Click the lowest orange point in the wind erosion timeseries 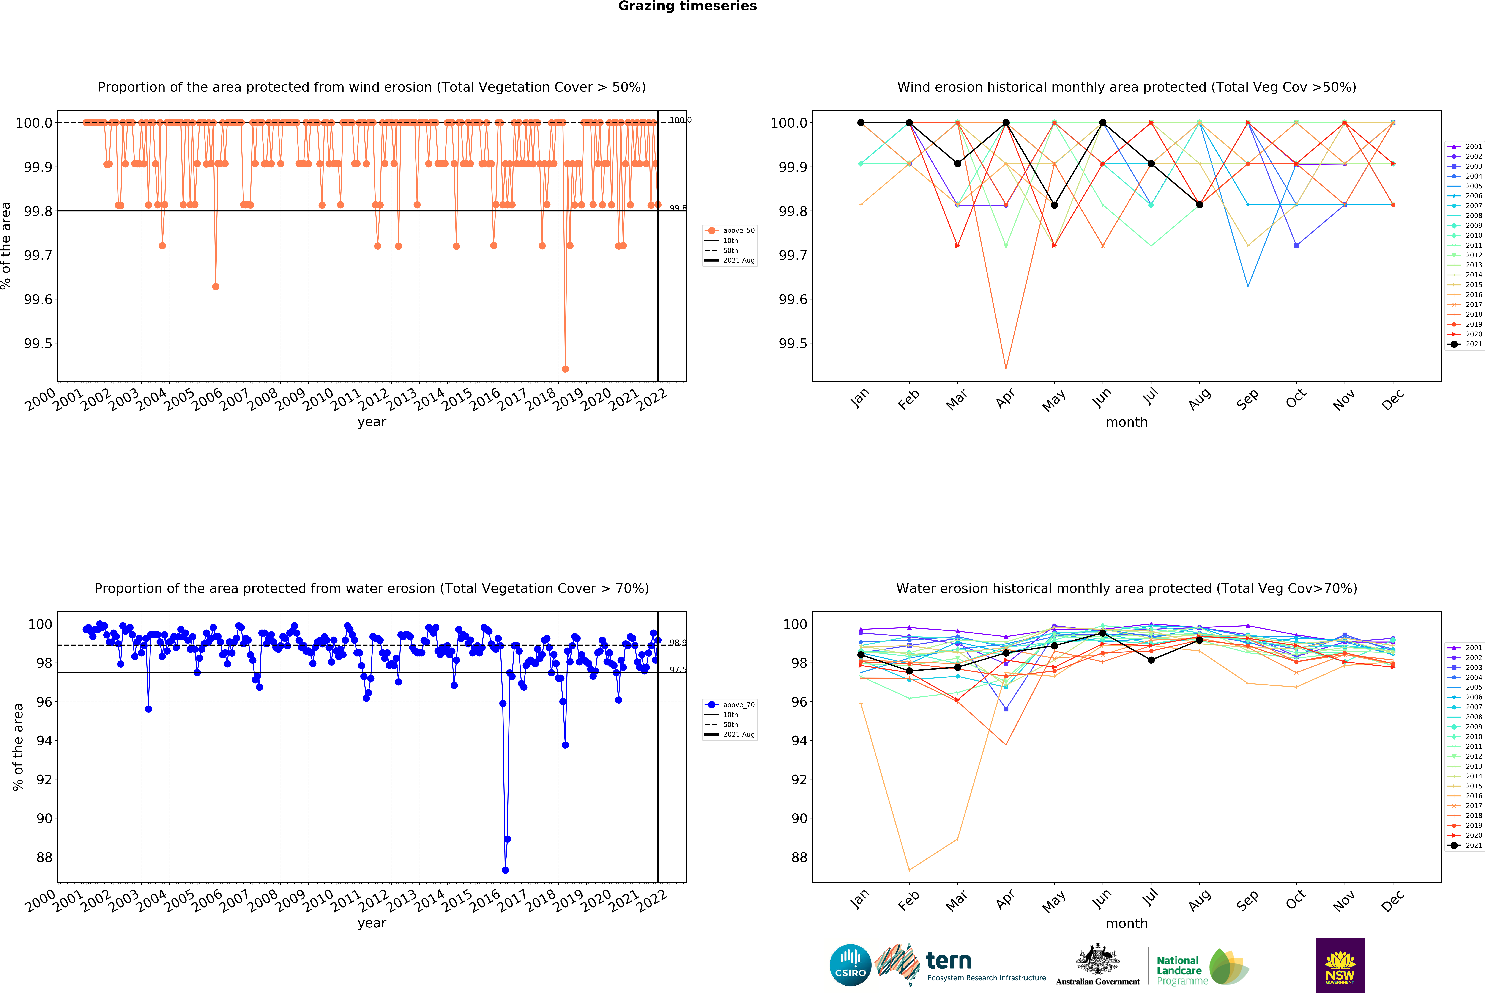pos(565,369)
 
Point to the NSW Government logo pos(1340,965)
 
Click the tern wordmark pos(949,960)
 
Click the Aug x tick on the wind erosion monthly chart pos(1199,398)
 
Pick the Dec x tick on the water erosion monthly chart pos(1392,899)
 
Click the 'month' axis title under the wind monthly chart pos(1127,422)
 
